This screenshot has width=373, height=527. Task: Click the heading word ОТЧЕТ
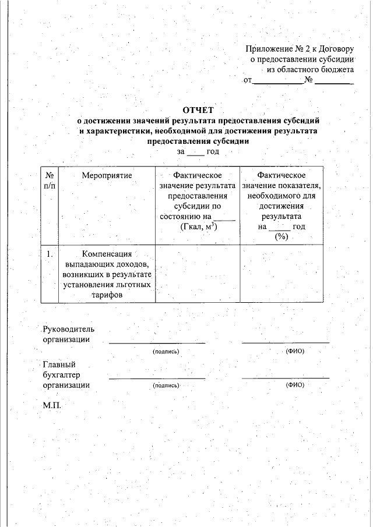click(x=198, y=110)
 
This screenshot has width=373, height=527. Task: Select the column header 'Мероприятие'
click(x=107, y=175)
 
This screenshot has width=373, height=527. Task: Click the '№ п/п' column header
click(x=50, y=179)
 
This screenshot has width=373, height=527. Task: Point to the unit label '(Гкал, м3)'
click(x=199, y=227)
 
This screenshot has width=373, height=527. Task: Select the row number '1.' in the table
click(x=50, y=254)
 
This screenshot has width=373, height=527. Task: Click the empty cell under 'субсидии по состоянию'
click(x=198, y=274)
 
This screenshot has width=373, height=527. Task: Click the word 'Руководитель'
click(x=68, y=329)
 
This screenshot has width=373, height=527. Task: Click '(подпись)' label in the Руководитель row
click(x=166, y=352)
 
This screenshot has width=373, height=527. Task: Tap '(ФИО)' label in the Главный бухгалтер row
click(x=295, y=385)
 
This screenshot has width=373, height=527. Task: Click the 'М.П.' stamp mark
click(x=51, y=404)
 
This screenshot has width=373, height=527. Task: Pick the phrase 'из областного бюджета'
click(x=310, y=69)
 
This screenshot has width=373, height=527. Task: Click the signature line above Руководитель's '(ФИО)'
click(x=286, y=342)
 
